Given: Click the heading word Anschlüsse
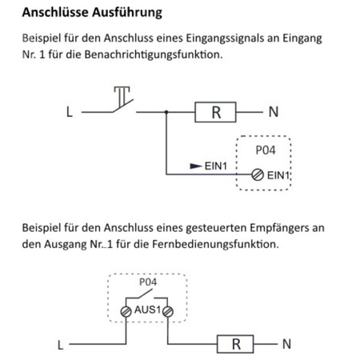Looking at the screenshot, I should click(x=56, y=13).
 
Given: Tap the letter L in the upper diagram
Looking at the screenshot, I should click(x=70, y=113).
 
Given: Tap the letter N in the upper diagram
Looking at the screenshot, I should click(x=274, y=113).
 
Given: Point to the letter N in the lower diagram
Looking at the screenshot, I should click(x=286, y=346).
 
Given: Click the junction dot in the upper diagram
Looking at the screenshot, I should click(x=165, y=113).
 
